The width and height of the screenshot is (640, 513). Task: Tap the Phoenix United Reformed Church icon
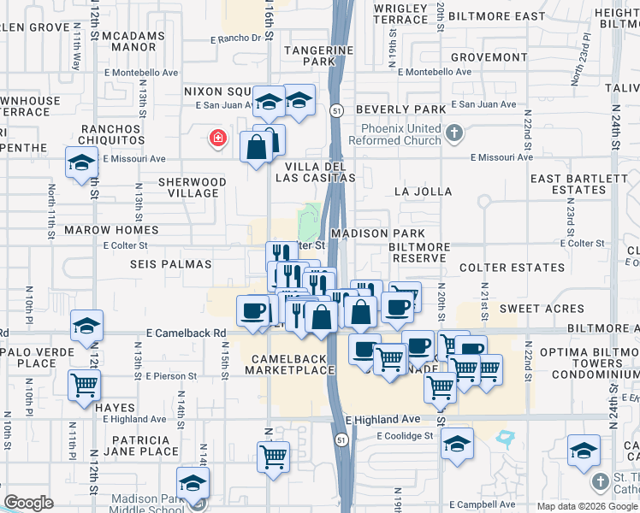pyautogui.click(x=454, y=133)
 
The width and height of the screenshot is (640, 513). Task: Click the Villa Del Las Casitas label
pyautogui.click(x=315, y=172)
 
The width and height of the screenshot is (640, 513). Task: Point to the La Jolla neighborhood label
pyautogui.click(x=422, y=192)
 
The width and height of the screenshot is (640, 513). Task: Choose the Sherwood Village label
pyautogui.click(x=193, y=187)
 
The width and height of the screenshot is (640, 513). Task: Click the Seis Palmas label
pyautogui.click(x=170, y=264)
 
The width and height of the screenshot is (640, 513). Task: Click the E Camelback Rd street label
pyautogui.click(x=186, y=333)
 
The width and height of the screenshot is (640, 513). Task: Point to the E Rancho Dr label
pyautogui.click(x=235, y=38)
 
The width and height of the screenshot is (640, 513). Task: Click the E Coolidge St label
pyautogui.click(x=406, y=436)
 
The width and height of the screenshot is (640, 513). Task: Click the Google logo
pyautogui.click(x=28, y=503)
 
